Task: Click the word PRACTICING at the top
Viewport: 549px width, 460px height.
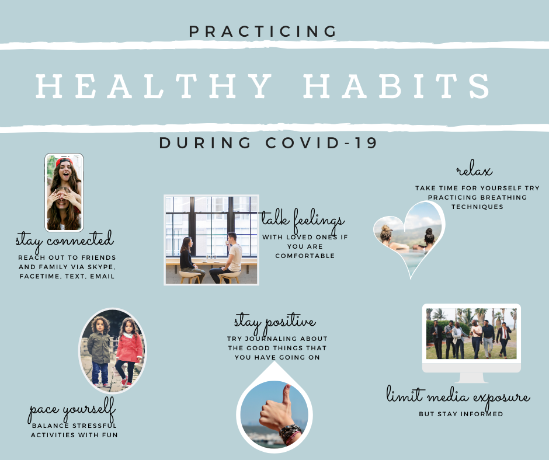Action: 263,32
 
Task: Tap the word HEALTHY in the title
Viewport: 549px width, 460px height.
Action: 154,86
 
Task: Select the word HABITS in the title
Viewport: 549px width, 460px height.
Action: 397,86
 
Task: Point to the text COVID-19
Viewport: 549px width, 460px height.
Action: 321,143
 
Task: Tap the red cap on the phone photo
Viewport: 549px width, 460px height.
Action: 64,161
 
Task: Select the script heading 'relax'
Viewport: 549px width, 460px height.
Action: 474,169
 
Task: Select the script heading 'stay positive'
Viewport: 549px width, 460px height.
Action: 275,322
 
